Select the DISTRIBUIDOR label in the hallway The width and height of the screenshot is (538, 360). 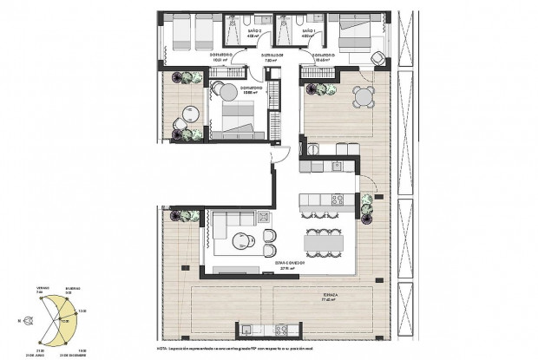(274, 55)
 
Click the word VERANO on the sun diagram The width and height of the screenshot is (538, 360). (43, 288)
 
